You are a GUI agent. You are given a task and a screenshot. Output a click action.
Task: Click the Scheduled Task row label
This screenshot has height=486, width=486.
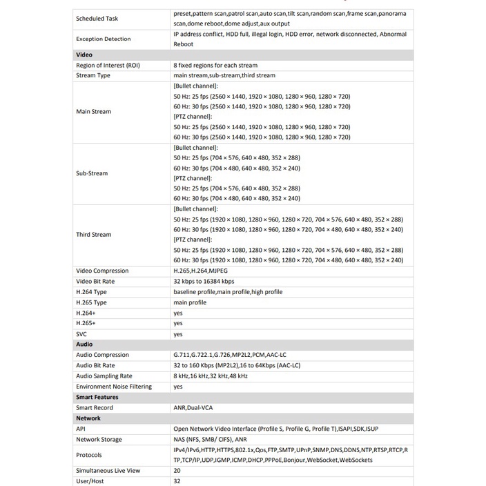[x=97, y=19]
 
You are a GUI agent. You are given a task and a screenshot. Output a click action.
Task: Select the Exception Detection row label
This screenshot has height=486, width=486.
[x=104, y=39]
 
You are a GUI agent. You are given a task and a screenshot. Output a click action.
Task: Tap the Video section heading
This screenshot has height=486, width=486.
[x=84, y=55]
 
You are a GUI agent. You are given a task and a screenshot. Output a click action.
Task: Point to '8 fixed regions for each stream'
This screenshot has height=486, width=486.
[x=215, y=65]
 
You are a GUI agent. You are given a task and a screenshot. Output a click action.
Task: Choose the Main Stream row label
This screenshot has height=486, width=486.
[x=93, y=111]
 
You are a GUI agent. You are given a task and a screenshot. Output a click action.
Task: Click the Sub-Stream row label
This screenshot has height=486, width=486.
[x=92, y=173]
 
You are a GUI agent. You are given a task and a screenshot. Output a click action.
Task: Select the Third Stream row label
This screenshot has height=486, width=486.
[x=93, y=235]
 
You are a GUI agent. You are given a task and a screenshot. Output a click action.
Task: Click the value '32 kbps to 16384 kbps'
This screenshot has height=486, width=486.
[x=204, y=281]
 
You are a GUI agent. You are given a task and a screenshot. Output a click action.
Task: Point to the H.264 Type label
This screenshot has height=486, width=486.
[x=91, y=292]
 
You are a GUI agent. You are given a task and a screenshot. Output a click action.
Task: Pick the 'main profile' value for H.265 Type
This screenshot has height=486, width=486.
[x=190, y=302]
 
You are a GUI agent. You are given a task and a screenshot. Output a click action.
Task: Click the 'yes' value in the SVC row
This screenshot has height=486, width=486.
[x=178, y=334]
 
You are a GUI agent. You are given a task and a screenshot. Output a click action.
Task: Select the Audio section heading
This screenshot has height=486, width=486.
[x=84, y=344]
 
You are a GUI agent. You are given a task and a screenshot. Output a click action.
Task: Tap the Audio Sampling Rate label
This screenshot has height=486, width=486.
[x=104, y=376]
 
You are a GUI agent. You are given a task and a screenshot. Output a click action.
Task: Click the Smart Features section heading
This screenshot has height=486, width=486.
[x=97, y=397]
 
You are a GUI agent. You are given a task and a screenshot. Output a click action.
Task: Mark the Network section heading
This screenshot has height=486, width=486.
[x=88, y=418]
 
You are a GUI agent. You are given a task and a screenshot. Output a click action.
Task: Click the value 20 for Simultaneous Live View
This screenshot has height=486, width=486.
[x=177, y=470]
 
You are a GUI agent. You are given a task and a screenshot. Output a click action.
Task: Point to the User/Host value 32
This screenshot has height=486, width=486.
[x=177, y=480]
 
